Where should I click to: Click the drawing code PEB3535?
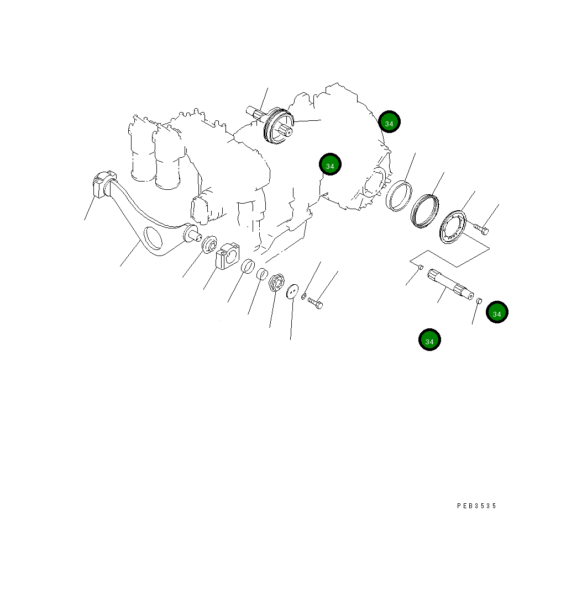pos(476,505)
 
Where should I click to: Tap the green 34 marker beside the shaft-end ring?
pos(497,312)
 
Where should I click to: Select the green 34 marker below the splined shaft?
pos(429,340)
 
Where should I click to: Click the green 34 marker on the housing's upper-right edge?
pos(389,123)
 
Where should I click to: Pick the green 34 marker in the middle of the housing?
pos(330,164)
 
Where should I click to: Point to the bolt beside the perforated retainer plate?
pos(481,227)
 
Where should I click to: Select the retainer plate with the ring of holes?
pos(454,226)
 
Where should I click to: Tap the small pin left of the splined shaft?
pos(420,268)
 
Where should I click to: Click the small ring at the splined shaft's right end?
pos(480,301)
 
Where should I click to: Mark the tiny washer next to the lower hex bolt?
pos(304,297)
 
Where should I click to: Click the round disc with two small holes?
pos(292,291)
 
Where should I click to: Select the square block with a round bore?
pos(226,257)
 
